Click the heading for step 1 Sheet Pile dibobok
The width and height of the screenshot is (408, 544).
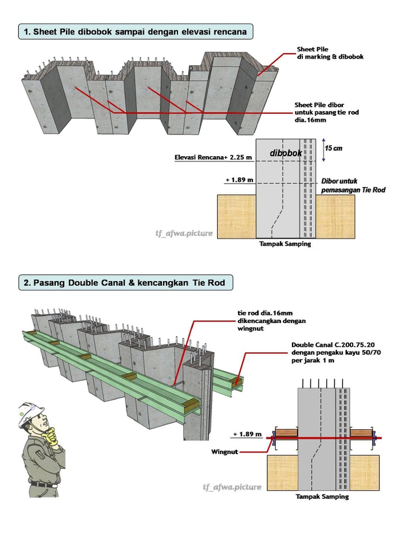click(x=135, y=32)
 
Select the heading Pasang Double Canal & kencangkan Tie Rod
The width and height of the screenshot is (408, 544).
click(x=126, y=283)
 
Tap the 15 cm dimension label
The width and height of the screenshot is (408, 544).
click(x=334, y=148)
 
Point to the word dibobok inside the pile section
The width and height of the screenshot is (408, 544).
click(x=286, y=153)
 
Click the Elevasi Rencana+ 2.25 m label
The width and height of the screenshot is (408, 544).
click(x=213, y=157)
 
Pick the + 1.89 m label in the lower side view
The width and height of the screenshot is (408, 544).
click(x=247, y=434)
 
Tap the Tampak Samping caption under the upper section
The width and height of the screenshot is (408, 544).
click(x=285, y=244)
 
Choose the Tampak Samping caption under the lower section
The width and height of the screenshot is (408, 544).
click(x=322, y=497)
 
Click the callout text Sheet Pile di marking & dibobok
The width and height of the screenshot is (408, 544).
click(x=330, y=53)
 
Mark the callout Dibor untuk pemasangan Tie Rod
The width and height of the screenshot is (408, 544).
click(x=353, y=185)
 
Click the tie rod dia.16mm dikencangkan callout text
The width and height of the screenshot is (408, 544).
click(x=271, y=321)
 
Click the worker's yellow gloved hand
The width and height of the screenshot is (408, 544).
click(x=52, y=437)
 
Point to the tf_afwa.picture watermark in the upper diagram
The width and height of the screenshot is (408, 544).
click(x=184, y=233)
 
